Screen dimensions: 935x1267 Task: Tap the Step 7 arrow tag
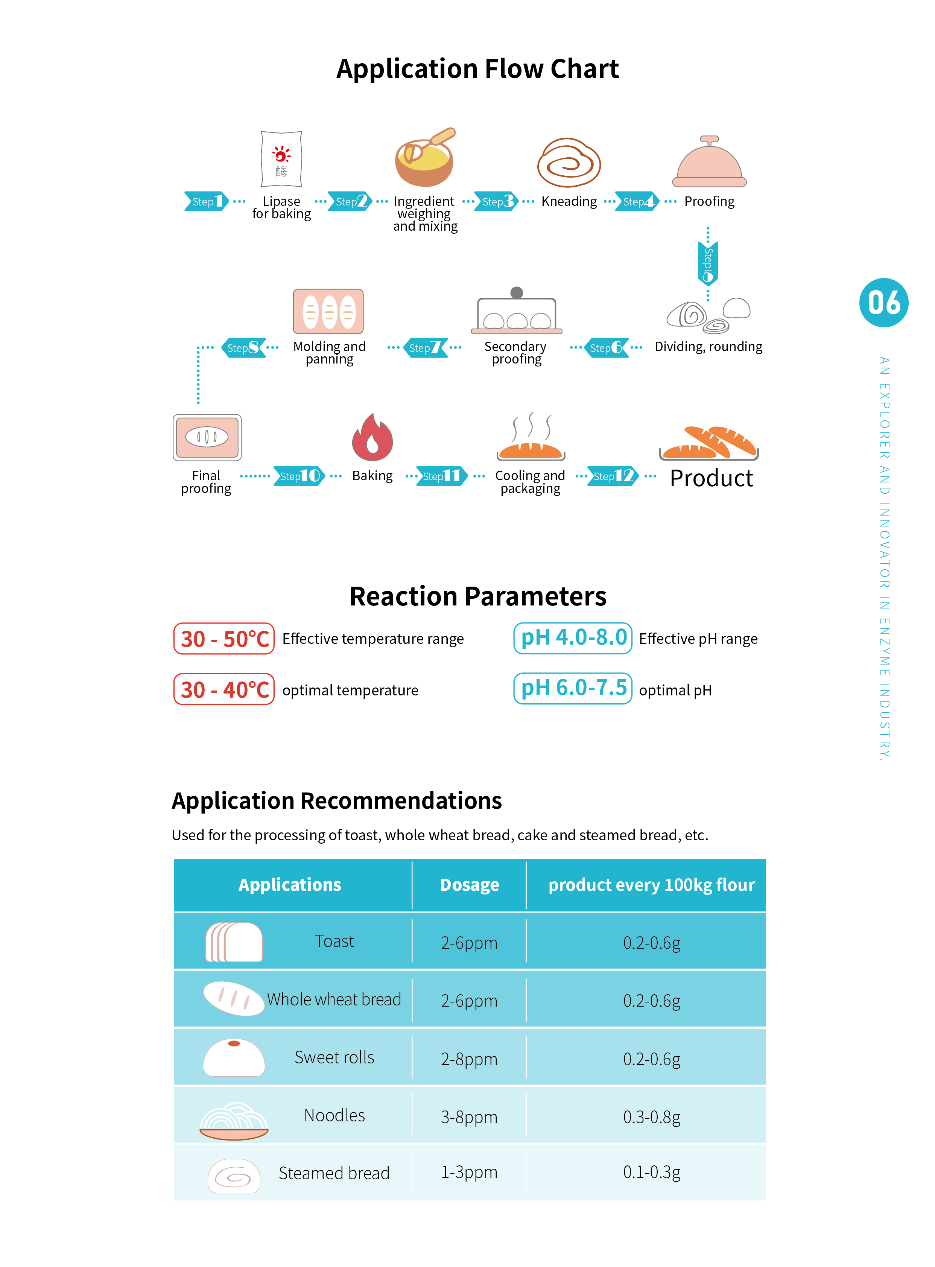tap(425, 347)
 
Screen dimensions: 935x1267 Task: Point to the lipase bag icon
tap(281, 159)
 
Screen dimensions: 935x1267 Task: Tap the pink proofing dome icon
tap(709, 161)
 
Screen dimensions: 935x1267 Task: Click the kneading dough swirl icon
tap(569, 163)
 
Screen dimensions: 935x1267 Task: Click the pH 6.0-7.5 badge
tap(573, 688)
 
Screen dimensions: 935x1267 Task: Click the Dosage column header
tap(470, 884)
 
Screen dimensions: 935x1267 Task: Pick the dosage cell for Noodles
tap(469, 1116)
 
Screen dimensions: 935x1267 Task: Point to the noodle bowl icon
tap(234, 1121)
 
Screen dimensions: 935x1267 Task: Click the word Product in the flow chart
tap(712, 478)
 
